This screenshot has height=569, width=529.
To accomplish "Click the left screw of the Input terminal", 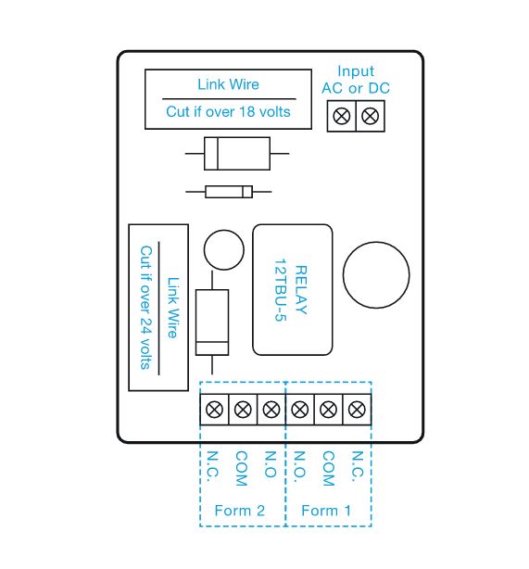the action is coord(342,116).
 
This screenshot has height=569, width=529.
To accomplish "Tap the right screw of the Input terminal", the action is coord(370,116).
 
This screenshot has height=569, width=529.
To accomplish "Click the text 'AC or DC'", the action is coord(356,88).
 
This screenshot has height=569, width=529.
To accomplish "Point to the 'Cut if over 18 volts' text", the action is coord(228,111).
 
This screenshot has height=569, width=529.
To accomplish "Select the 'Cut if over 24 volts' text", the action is coord(145,308).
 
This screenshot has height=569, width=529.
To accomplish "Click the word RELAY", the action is coord(301,289).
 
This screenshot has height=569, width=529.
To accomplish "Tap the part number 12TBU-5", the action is coord(280,290).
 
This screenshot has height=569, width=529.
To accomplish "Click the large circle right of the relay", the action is coord(376,274).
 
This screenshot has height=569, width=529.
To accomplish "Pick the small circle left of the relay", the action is coord(224,249).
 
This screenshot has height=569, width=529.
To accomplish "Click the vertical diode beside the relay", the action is coord(212,322).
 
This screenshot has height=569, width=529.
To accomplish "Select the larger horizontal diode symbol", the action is coord(237,154).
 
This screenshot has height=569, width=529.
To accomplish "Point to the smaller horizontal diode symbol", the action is coord(229,192).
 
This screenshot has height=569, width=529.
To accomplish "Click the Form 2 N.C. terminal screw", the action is coord(214,410).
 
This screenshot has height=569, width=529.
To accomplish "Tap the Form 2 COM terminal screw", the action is coord(243,410).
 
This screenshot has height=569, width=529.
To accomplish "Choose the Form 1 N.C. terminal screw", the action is coord(357,410).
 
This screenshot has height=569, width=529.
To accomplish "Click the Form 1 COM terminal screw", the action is coord(328,410).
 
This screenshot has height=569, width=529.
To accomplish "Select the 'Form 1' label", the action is coord(326,511).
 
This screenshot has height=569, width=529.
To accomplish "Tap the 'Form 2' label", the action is coord(239,511).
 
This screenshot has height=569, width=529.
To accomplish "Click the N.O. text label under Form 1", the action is coord(299,467).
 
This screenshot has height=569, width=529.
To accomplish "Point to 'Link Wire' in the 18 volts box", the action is coord(228,84).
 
